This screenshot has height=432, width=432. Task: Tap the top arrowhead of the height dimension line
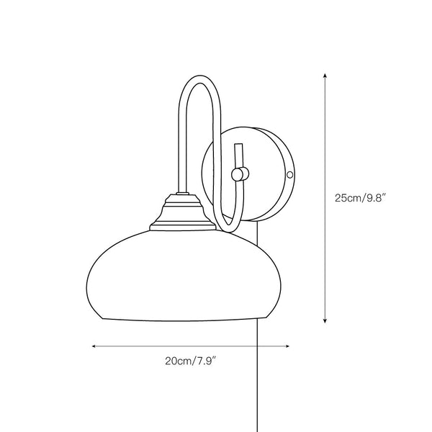pyautogui.click(x=326, y=75)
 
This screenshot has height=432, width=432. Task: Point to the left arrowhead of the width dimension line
pyautogui.click(x=94, y=346)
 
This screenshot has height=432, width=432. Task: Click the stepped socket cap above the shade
pyautogui.click(x=182, y=214)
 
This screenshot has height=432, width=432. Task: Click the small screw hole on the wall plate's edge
pyautogui.click(x=290, y=174)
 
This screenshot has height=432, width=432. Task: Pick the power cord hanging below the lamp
pyautogui.click(x=257, y=360)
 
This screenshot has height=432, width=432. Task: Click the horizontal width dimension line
pyautogui.click(x=191, y=346)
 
